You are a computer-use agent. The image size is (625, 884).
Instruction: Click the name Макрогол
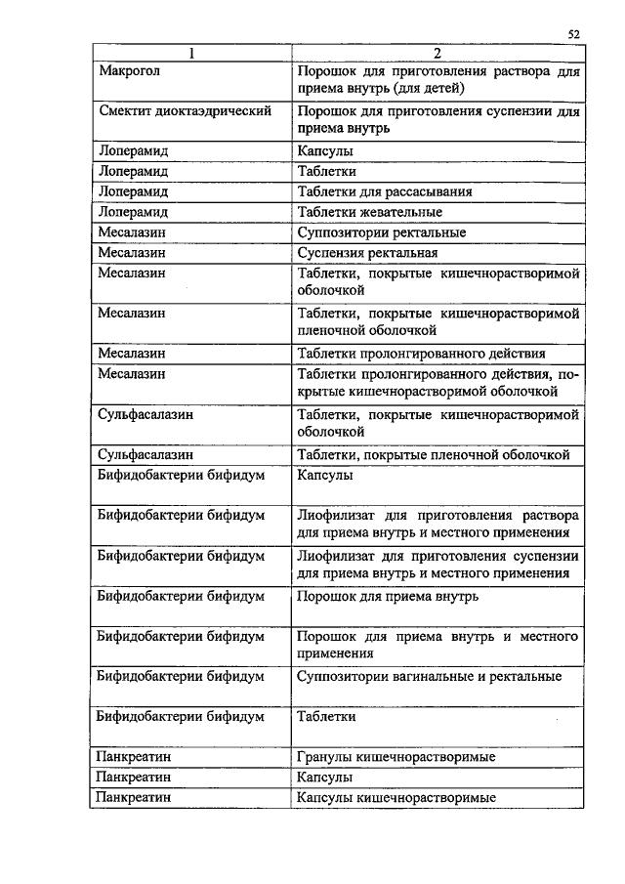pos(130,71)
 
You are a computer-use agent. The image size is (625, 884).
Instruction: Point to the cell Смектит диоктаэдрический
pos(185,111)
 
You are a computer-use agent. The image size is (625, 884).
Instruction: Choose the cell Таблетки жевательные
pos(370,212)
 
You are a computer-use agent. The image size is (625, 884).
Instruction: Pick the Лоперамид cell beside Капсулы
pos(134,151)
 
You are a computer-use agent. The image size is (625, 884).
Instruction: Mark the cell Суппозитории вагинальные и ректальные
pos(429,676)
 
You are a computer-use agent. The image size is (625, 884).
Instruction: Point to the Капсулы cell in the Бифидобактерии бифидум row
pos(325,475)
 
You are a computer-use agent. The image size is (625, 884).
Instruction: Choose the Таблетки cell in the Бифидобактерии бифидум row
pos(326,716)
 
